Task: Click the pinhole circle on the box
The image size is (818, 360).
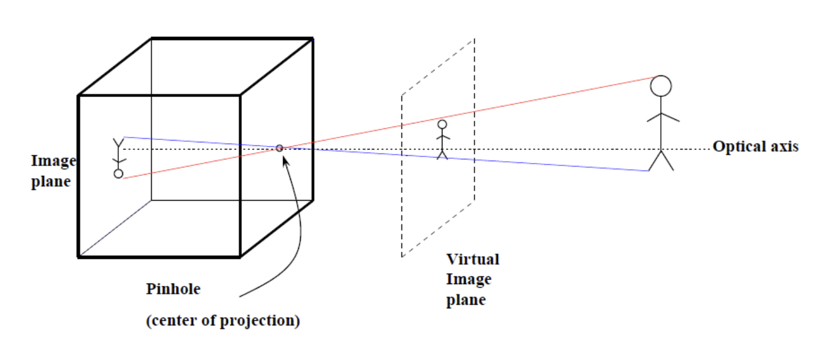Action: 280,148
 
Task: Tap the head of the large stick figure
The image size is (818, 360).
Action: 661,86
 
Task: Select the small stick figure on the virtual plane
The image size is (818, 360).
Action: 442,140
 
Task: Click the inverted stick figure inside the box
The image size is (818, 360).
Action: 119,158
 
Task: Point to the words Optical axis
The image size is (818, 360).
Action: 756,146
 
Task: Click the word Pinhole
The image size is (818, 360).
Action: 173,289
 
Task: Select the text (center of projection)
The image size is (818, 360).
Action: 223,321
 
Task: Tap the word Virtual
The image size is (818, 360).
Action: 473,259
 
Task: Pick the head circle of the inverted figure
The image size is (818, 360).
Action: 118,174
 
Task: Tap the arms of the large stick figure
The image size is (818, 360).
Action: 663,116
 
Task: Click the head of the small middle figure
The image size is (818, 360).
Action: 442,124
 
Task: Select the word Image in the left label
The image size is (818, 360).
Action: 53,161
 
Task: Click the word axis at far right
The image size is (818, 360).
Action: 783,146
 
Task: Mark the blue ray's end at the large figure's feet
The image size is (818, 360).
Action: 649,171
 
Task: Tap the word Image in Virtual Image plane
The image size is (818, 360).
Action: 468,279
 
